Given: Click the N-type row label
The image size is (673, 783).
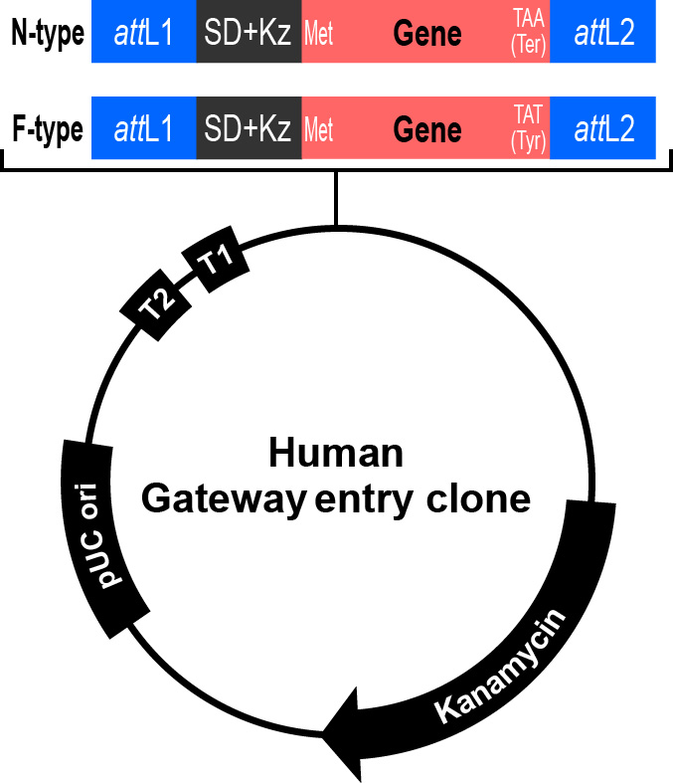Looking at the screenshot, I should pyautogui.click(x=46, y=33).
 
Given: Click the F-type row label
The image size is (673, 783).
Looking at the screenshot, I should pyautogui.click(x=46, y=129).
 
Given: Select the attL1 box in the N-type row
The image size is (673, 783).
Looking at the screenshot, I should pyautogui.click(x=144, y=33).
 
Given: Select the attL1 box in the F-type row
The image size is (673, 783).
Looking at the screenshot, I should pyautogui.click(x=144, y=129).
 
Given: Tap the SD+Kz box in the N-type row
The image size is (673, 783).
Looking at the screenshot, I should pyautogui.click(x=249, y=33).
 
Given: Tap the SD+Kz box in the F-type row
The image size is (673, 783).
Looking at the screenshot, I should pyautogui.click(x=249, y=129).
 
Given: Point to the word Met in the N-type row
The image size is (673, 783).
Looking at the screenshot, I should pyautogui.click(x=319, y=37).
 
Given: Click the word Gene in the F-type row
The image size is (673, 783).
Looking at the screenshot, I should pyautogui.click(x=427, y=130).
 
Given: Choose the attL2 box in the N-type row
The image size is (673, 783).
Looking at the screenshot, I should pyautogui.click(x=602, y=33).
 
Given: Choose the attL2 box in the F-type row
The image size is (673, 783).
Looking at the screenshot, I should pyautogui.click(x=602, y=129).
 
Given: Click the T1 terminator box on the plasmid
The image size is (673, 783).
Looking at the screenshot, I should pyautogui.click(x=216, y=263).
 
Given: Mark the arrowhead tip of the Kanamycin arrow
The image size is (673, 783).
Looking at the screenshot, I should pyautogui.click(x=323, y=734).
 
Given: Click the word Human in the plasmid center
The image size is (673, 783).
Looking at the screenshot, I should pyautogui.click(x=336, y=454).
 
